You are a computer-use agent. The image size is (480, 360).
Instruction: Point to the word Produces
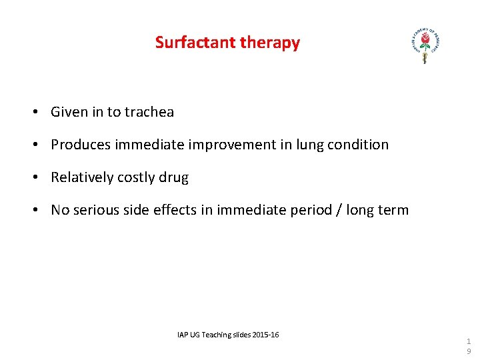[x=81, y=145]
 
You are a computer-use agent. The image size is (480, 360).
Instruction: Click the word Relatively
[x=82, y=177]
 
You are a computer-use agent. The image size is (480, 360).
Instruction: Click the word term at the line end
[x=394, y=210]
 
